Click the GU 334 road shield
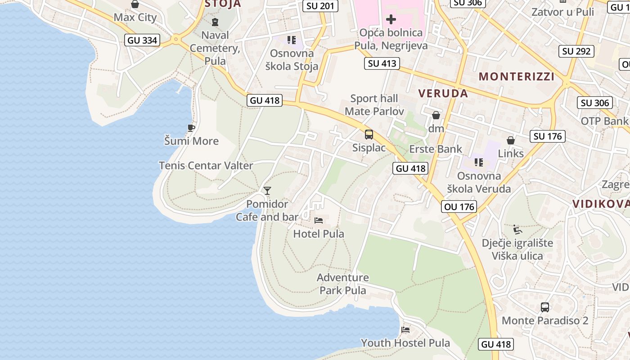(x=142, y=40)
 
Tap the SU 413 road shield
(x=382, y=63)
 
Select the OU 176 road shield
(x=459, y=207)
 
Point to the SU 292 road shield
(x=576, y=51)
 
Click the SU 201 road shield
(x=320, y=6)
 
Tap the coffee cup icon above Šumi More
(x=191, y=128)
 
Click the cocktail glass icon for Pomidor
(x=267, y=191)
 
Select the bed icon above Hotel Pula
(x=319, y=220)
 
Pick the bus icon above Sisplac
(x=369, y=134)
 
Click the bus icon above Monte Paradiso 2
(x=544, y=307)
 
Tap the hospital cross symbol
(x=391, y=19)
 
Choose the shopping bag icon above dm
(x=436, y=116)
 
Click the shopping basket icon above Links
(x=511, y=140)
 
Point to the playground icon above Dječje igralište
(x=517, y=230)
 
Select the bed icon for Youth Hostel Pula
(x=405, y=330)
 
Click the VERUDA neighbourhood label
(x=443, y=93)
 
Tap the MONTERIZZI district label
(x=517, y=76)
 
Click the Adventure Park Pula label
(x=343, y=283)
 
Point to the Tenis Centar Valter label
(x=206, y=166)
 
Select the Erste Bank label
(x=436, y=149)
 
